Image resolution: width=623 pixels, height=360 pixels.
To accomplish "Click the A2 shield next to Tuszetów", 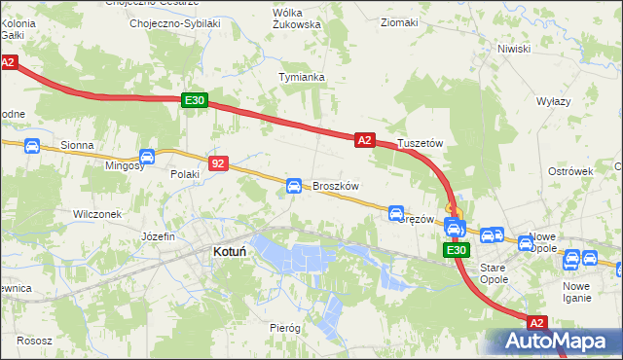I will (x=364, y=140).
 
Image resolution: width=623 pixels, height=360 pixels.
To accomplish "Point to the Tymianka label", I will (x=301, y=76).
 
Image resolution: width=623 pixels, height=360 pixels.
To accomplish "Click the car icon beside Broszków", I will (x=293, y=185).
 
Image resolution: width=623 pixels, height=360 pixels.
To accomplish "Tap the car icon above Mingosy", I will (x=147, y=156).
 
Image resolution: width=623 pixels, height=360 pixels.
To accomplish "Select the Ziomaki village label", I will (x=400, y=21).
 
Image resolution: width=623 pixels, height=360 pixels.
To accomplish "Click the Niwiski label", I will (x=513, y=48).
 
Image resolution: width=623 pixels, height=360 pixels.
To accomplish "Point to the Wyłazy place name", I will (x=553, y=101).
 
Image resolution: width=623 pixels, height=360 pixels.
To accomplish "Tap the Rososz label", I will (x=34, y=342).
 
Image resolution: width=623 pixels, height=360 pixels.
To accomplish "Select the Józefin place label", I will (x=157, y=236).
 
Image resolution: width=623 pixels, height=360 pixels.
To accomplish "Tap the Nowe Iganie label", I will (x=576, y=292).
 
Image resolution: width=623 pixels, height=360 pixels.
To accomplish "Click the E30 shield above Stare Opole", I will (x=456, y=250).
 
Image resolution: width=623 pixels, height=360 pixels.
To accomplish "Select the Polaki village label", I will (x=185, y=174).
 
